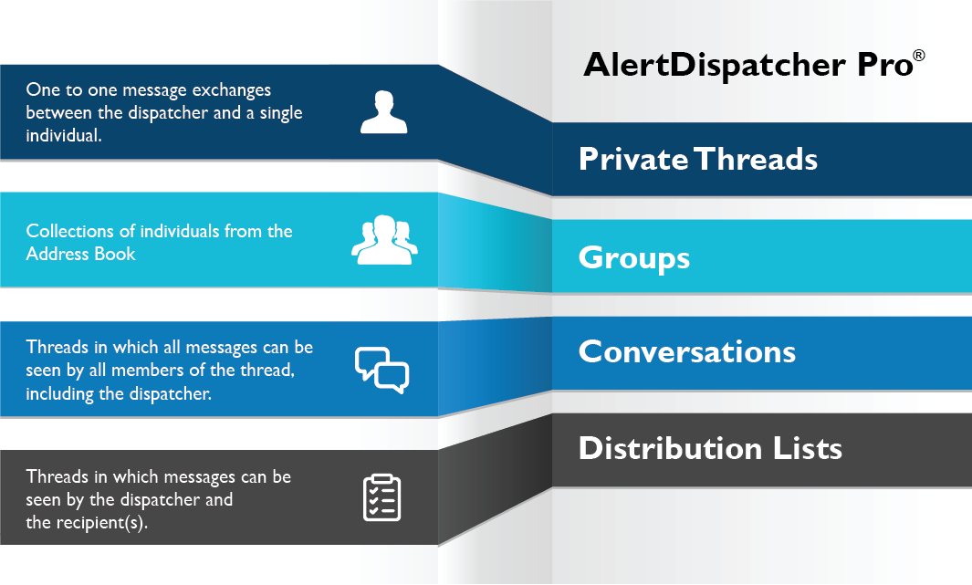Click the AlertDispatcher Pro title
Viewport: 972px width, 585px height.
[747, 67]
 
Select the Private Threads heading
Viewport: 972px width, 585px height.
[698, 160]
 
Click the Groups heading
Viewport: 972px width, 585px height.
[633, 258]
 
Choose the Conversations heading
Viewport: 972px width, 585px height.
[687, 352]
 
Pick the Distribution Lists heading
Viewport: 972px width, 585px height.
[710, 449]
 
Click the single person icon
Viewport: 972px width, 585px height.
[382, 112]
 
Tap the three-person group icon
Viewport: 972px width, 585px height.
[384, 240]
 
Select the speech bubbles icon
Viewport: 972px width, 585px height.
[381, 369]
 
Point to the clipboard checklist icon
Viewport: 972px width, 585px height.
[381, 497]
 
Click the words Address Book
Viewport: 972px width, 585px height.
[80, 254]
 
